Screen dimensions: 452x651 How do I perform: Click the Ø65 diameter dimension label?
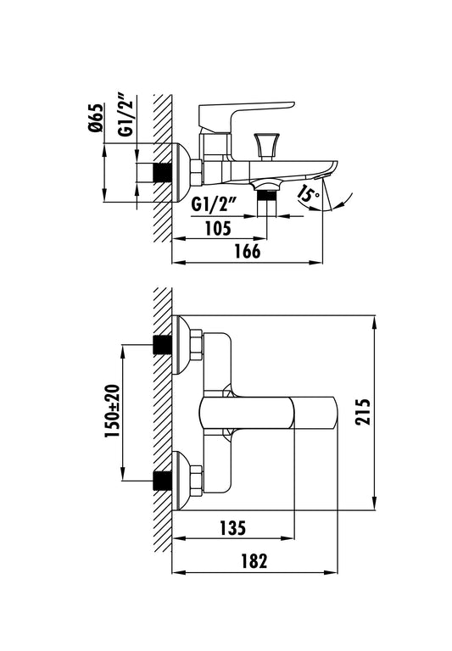click(x=95, y=118)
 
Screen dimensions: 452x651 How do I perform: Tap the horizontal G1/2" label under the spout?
click(x=214, y=204)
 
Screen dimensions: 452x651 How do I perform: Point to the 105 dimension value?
click(x=218, y=228)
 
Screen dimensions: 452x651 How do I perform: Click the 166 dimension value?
click(x=248, y=251)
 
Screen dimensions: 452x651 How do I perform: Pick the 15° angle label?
click(x=308, y=192)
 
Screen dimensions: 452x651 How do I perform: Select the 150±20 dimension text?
click(x=112, y=411)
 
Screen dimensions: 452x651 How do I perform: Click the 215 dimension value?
click(x=363, y=411)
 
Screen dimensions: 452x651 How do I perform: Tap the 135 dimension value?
click(x=232, y=528)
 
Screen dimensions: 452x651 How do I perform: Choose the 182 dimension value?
click(x=254, y=561)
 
